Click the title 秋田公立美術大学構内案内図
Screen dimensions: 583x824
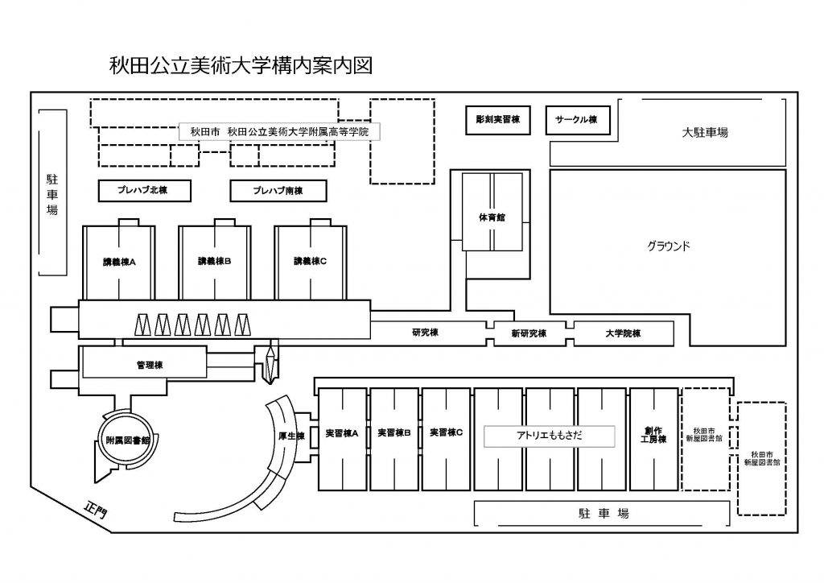[x=241, y=65]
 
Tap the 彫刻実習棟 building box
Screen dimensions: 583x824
[x=498, y=120]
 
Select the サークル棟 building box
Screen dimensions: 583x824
[x=576, y=120]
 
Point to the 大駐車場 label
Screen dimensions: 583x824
[x=705, y=132]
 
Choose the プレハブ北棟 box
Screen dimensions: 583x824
[x=145, y=191]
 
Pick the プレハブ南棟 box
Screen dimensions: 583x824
[x=278, y=191]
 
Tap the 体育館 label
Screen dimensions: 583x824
[x=492, y=217]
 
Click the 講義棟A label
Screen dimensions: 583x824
[x=119, y=262]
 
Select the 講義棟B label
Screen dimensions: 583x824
[x=215, y=262]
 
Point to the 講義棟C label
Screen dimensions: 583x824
[x=310, y=262]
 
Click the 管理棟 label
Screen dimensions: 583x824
[x=150, y=366]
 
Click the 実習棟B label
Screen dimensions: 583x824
[x=394, y=433]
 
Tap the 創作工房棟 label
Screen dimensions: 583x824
[x=653, y=435]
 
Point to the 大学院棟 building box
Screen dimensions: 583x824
[x=623, y=333]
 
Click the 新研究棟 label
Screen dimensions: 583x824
[x=529, y=333]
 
